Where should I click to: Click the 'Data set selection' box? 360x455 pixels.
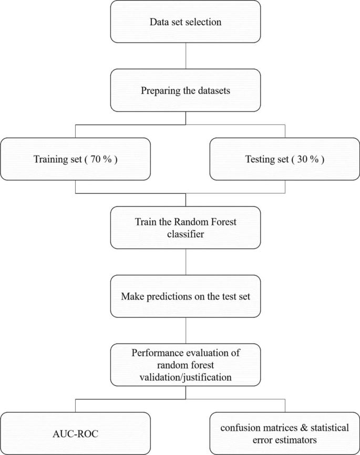[186, 23]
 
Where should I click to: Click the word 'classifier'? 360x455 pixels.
[185, 233]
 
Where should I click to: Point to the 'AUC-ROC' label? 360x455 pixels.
[76, 434]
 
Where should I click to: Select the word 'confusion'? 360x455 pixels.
[236, 428]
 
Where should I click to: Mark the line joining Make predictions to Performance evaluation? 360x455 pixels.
[186, 330]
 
